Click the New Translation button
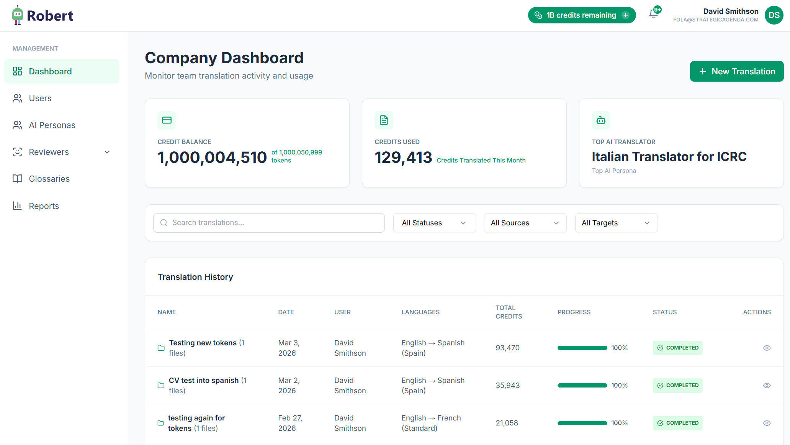pyautogui.click(x=736, y=71)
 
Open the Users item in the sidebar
pyautogui.click(x=40, y=99)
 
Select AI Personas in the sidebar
pyautogui.click(x=52, y=125)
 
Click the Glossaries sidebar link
pyautogui.click(x=49, y=179)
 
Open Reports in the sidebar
pyautogui.click(x=44, y=206)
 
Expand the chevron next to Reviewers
pyautogui.click(x=107, y=152)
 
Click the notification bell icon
pyautogui.click(x=653, y=15)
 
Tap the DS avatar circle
pyautogui.click(x=774, y=15)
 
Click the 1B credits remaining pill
pyautogui.click(x=582, y=15)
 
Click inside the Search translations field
pyautogui.click(x=269, y=223)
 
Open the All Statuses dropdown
pyautogui.click(x=434, y=223)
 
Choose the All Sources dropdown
pyautogui.click(x=525, y=223)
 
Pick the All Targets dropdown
pyautogui.click(x=616, y=223)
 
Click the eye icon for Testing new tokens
pyautogui.click(x=767, y=348)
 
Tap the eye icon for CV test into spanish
pyautogui.click(x=767, y=386)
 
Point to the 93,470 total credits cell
pyautogui.click(x=507, y=348)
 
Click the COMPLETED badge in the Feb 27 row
pyautogui.click(x=677, y=423)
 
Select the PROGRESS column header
pyautogui.click(x=574, y=312)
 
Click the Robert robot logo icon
pyautogui.click(x=17, y=15)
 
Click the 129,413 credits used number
pyautogui.click(x=403, y=158)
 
